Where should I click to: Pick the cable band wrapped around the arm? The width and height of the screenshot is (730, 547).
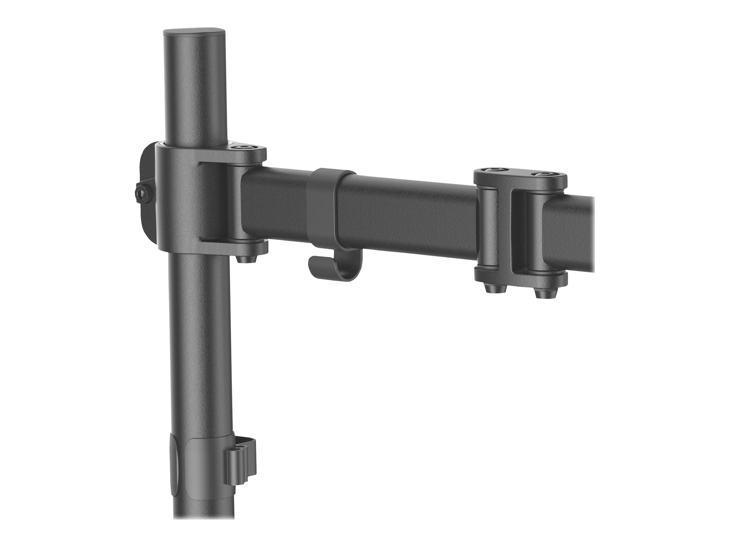click(322, 211)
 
